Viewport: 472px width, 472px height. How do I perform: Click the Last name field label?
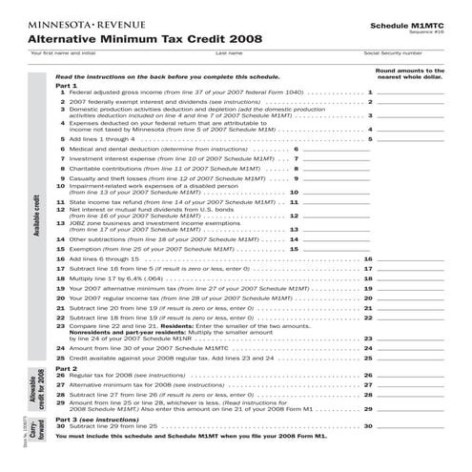point(229,52)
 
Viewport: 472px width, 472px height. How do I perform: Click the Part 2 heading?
point(67,367)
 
